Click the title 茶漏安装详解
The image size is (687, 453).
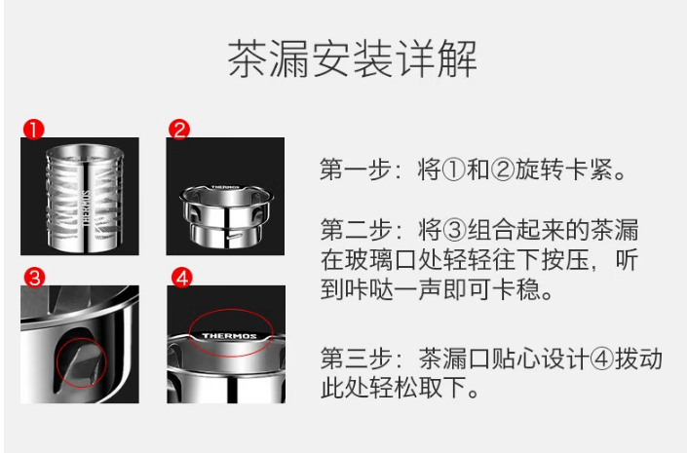click(x=352, y=58)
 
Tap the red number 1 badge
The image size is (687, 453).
click(x=34, y=130)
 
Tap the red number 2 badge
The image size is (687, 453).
click(x=179, y=130)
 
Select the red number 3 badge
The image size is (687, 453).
click(x=35, y=278)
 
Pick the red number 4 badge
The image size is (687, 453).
click(x=182, y=278)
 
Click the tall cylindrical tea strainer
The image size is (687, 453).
click(x=85, y=199)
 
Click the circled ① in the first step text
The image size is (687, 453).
click(x=454, y=170)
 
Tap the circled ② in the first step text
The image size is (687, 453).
click(x=503, y=170)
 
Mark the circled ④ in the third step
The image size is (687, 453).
click(x=602, y=359)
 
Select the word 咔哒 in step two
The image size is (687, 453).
click(x=368, y=289)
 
